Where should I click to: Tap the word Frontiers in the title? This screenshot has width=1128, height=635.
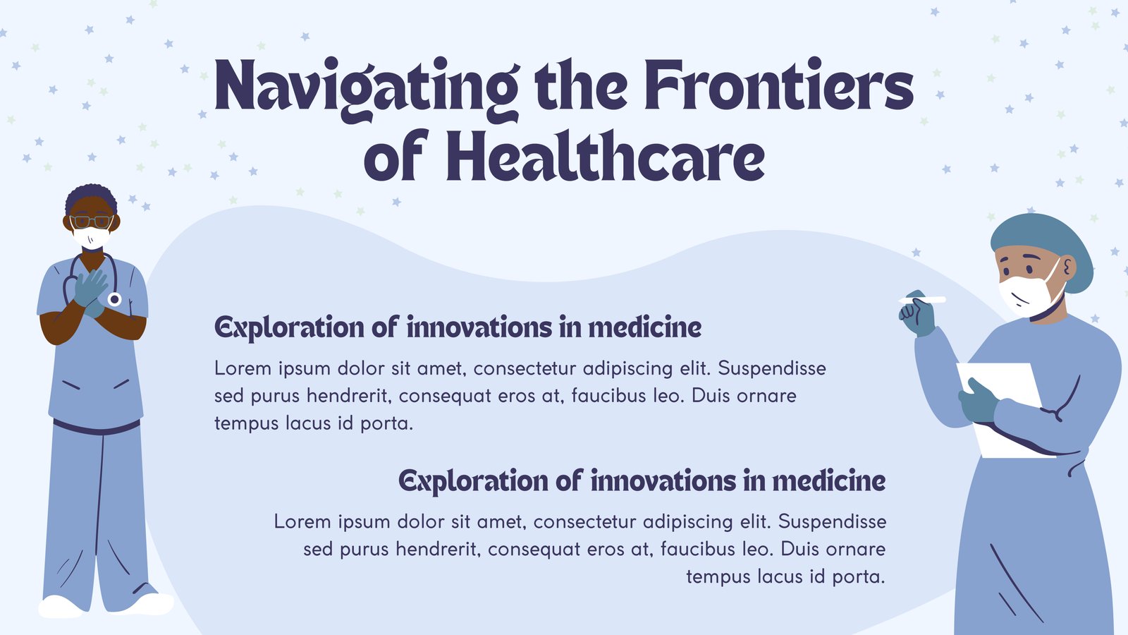coord(779,85)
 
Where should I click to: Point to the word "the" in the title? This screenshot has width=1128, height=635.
coord(582,85)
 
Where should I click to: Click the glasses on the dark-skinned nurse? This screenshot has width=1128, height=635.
coord(91,222)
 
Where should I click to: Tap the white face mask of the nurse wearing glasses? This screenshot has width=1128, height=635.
coord(91,238)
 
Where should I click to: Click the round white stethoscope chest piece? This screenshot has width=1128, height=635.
coord(114,299)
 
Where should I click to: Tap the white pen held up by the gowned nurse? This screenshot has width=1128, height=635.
coord(923,300)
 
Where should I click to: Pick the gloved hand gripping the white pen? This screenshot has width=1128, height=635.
coord(917,315)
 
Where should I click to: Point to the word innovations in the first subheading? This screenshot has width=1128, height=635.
coord(479,327)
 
